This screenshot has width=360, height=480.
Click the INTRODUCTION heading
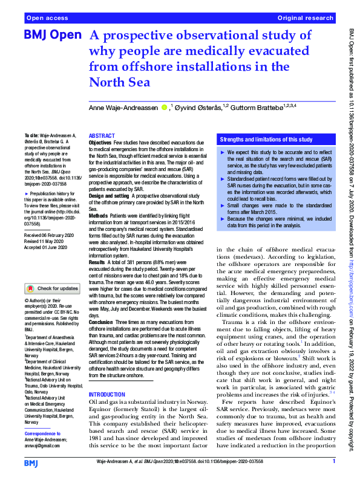[107, 394]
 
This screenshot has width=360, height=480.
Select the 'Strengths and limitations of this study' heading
[266, 138]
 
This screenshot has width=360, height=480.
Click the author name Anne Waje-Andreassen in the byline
[123, 107]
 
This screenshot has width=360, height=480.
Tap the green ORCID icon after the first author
[164, 107]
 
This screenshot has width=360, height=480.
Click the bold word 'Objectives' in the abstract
[100, 142]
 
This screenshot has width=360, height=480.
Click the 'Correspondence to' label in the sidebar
[44, 433]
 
